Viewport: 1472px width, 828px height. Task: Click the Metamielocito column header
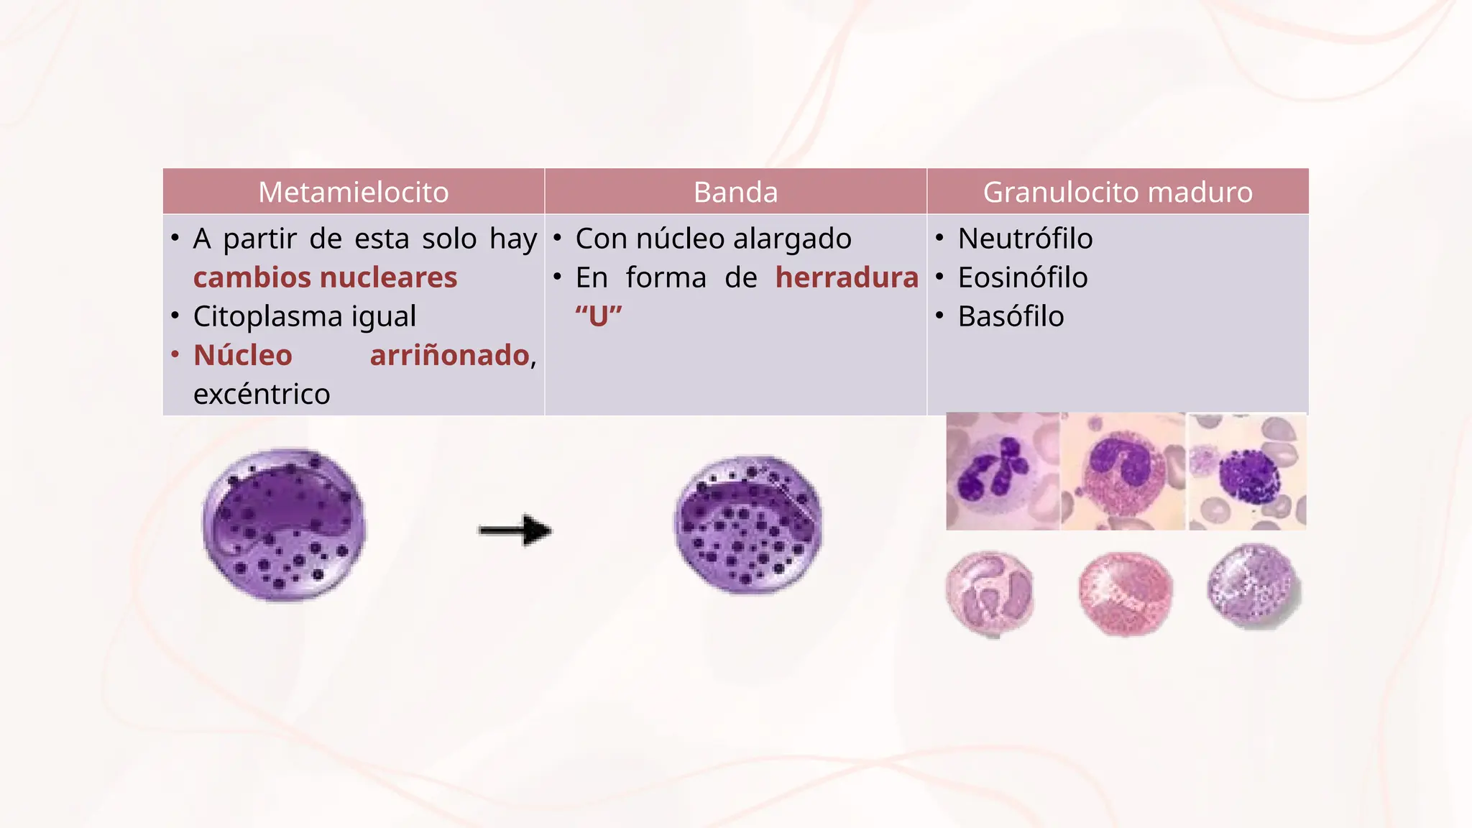point(353,192)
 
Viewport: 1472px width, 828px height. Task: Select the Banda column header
point(735,192)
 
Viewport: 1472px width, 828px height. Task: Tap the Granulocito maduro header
point(1117,192)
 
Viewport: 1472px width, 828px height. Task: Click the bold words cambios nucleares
point(325,277)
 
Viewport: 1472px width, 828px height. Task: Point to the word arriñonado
point(450,355)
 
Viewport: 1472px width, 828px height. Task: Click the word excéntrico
point(262,394)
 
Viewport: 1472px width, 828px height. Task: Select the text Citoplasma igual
point(305,316)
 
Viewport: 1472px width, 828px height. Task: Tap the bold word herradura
point(847,277)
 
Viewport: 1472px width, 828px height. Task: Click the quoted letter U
point(599,316)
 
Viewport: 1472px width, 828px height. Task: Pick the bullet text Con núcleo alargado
point(713,239)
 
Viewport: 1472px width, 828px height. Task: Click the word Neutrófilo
point(1025,239)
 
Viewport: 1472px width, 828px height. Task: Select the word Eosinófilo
point(1022,277)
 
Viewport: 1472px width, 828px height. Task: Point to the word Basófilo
point(1011,316)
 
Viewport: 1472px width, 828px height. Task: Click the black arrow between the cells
point(515,530)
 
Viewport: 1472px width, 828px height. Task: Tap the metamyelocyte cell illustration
point(285,525)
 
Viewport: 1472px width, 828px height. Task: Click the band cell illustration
point(747,525)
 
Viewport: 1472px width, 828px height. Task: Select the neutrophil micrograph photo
point(1002,471)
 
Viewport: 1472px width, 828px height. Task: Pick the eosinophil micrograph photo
point(1123,471)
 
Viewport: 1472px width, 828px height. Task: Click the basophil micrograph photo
point(1247,471)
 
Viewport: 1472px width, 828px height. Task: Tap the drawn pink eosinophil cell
point(1125,594)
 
